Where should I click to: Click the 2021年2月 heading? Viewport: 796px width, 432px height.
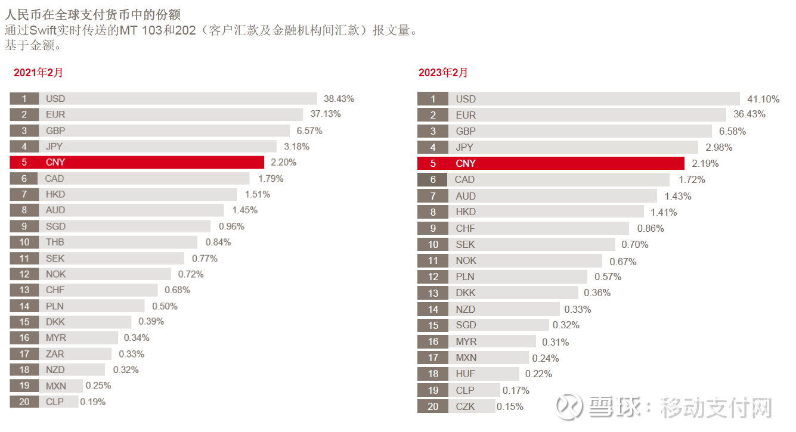pos(38,73)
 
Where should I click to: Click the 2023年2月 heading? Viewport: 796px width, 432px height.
pos(443,73)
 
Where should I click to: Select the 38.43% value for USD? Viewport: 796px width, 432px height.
pos(339,99)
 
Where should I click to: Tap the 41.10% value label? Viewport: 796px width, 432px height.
pos(764,100)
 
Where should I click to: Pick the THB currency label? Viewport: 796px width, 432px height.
pos(55,243)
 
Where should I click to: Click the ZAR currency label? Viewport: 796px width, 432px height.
pos(55,354)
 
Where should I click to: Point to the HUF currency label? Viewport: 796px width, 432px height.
pos(466,374)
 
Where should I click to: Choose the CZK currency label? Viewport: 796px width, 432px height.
pos(466,406)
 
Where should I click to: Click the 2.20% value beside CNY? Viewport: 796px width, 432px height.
pos(283,162)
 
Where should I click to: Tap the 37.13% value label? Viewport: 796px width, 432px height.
pos(326,114)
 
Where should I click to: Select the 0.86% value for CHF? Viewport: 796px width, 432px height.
pos(651,228)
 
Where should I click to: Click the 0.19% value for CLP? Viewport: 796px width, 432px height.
pos(93,402)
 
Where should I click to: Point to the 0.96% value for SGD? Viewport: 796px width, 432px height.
pos(231,226)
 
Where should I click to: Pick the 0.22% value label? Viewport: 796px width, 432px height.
pos(538,374)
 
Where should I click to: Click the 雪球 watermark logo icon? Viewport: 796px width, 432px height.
pos(569,406)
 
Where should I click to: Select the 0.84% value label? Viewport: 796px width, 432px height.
pos(218,243)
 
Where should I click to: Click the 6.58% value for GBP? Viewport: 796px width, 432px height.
pos(733,131)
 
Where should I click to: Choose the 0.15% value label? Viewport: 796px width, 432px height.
pos(510,406)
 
